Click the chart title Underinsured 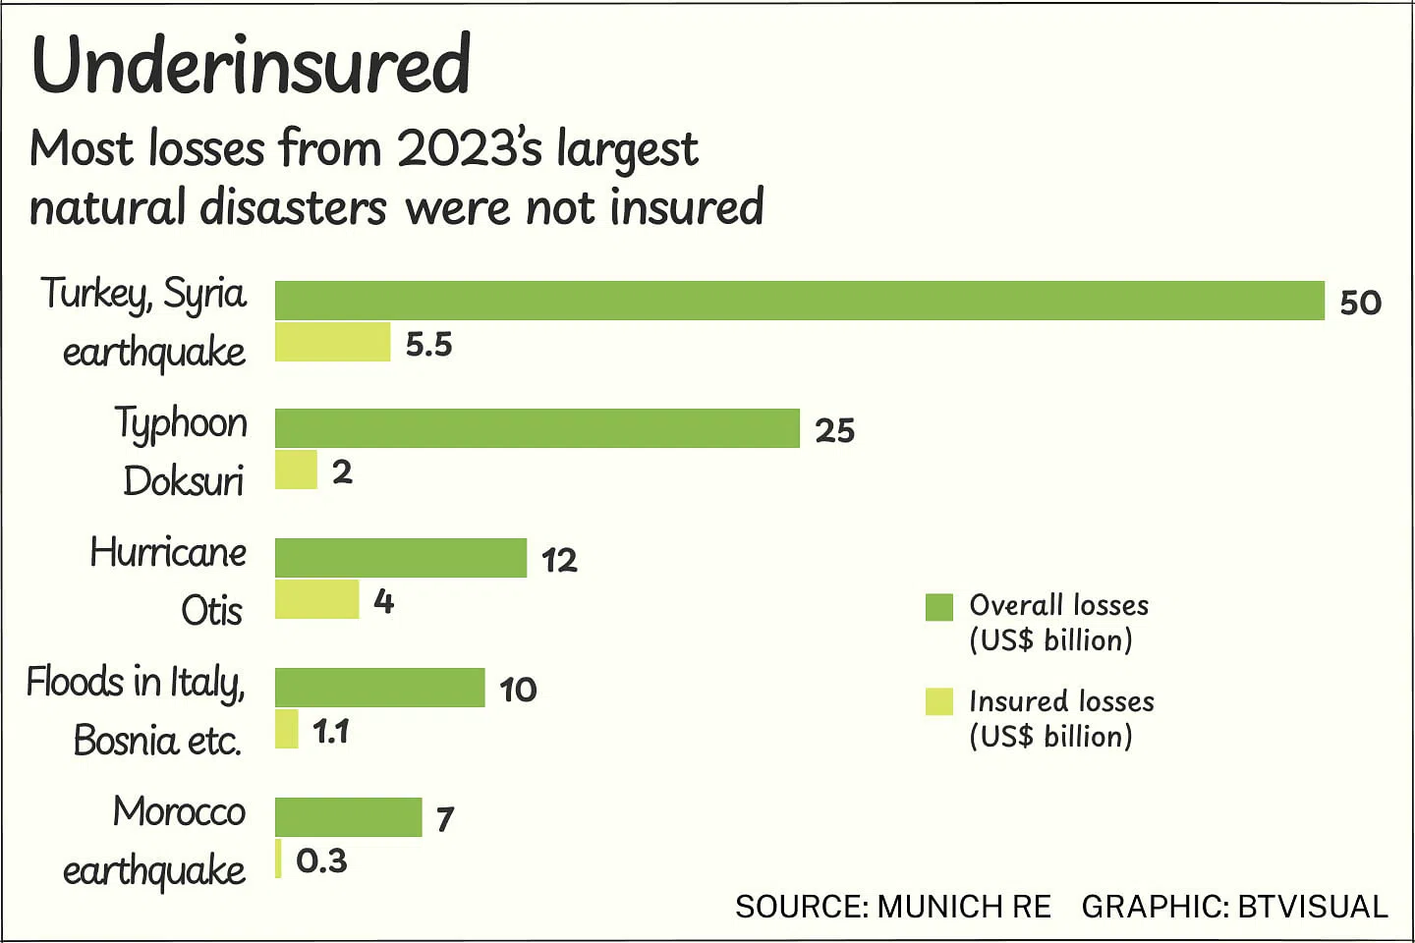[x=252, y=65]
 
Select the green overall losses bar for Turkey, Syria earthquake [x=799, y=301]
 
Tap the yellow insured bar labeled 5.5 [x=332, y=342]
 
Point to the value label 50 [x=1360, y=303]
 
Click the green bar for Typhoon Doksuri [x=537, y=428]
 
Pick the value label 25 [x=834, y=430]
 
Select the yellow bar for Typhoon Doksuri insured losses [x=296, y=470]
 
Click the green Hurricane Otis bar [x=400, y=558]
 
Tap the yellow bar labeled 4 [x=316, y=599]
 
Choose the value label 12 [x=559, y=560]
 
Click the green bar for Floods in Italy [x=379, y=688]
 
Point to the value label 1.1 [x=330, y=731]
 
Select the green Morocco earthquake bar [x=348, y=817]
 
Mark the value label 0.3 [x=321, y=860]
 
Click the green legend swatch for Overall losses [x=938, y=607]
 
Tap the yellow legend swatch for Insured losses [x=938, y=701]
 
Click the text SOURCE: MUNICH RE [x=892, y=906]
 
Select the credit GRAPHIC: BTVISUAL [x=1234, y=906]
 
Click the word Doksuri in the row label [x=184, y=481]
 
